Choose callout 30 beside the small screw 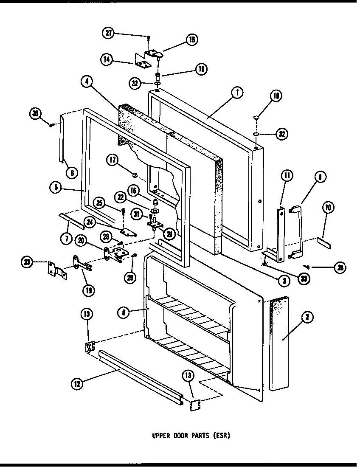(36, 113)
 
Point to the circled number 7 (66, 239)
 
